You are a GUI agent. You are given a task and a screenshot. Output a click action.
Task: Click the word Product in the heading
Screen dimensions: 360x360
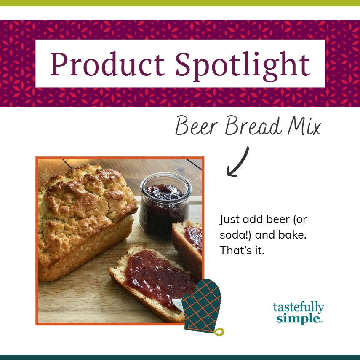click(x=107, y=64)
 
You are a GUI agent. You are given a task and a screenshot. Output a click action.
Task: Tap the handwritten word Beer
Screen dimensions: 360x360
click(x=197, y=126)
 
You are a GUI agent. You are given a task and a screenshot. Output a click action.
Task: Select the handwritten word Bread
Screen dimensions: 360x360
click(x=253, y=126)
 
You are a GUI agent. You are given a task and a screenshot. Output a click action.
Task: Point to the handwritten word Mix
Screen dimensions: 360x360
click(x=304, y=126)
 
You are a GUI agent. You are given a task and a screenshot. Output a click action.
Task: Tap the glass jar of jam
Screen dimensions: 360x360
click(x=165, y=206)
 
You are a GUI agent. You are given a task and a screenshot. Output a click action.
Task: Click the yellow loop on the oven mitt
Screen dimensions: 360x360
click(x=219, y=332)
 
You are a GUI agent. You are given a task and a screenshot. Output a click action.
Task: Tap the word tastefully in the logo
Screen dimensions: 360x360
click(x=299, y=307)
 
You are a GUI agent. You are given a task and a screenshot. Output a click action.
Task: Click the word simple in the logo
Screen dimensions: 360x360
click(x=298, y=319)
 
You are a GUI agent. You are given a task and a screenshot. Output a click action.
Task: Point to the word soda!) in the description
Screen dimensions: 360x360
click(x=235, y=235)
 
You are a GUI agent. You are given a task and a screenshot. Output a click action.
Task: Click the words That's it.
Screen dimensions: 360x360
click(x=242, y=250)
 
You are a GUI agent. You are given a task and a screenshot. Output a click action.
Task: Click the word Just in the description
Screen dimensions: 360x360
click(x=229, y=220)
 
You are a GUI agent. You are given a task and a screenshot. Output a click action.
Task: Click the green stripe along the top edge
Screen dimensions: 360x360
click(x=180, y=3)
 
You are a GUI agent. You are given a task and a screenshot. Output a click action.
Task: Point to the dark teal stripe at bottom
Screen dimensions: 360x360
click(x=180, y=357)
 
